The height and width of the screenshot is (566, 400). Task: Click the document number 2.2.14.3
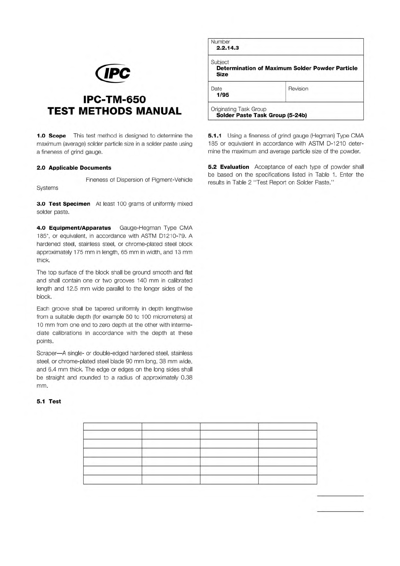point(227,48)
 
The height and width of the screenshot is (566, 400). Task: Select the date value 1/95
point(223,95)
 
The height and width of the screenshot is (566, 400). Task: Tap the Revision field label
point(298,89)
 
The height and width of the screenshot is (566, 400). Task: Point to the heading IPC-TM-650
point(115,100)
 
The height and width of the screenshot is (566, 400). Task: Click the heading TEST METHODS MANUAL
point(115,111)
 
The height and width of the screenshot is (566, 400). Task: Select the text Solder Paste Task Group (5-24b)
point(261,115)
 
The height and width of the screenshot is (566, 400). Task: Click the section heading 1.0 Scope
point(51,136)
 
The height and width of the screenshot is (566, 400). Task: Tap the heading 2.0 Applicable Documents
point(74,168)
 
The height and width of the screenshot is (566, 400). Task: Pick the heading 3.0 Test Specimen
point(63,204)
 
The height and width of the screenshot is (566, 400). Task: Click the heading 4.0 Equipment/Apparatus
point(74,228)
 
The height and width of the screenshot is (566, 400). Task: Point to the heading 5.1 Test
point(49,401)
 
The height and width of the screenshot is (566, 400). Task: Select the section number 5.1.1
point(215,136)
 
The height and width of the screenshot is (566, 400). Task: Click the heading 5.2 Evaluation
point(228,167)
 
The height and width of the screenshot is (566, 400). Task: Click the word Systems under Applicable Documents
point(47,188)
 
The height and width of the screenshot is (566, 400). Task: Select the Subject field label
point(220,62)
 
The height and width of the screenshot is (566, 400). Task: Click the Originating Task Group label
point(238,109)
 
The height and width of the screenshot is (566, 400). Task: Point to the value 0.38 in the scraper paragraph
point(186,377)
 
